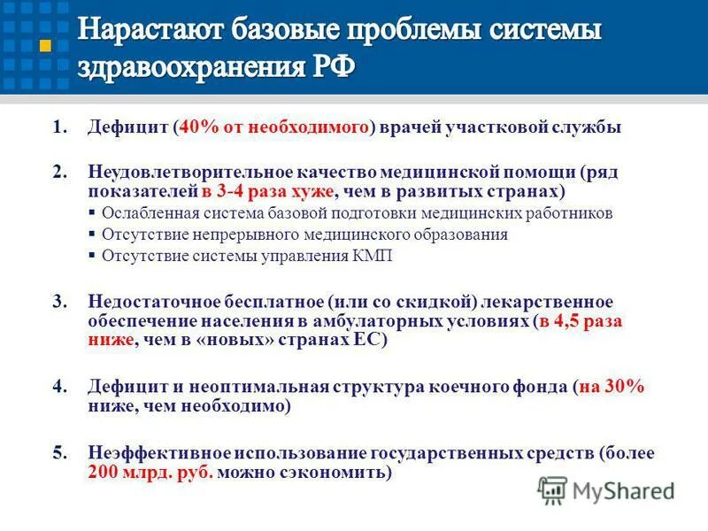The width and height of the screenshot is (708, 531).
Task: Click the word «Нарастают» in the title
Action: coord(151,32)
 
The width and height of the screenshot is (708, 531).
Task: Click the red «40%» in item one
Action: coord(197,127)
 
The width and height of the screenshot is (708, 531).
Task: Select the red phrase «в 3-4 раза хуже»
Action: coord(267,190)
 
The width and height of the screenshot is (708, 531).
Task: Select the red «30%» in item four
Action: coord(625,387)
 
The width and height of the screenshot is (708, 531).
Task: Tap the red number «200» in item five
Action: coord(104,473)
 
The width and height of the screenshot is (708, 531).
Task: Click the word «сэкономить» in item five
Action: coord(338,473)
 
